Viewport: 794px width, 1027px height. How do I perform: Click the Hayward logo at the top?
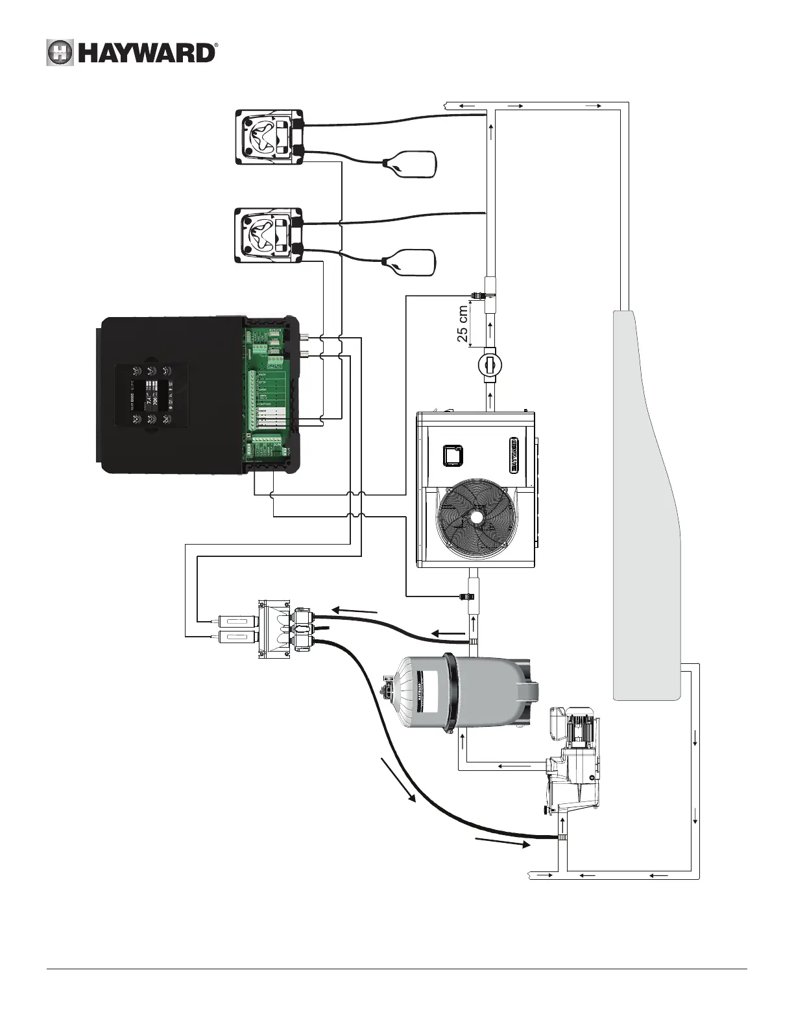(132, 53)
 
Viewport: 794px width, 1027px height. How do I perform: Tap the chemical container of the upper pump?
(411, 163)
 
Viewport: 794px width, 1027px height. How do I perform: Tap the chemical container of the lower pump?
(411, 262)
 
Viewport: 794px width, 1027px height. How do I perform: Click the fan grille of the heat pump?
(475, 517)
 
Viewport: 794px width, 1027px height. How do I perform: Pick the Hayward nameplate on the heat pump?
(514, 454)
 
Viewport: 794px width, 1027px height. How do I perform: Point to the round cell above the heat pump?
(490, 364)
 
